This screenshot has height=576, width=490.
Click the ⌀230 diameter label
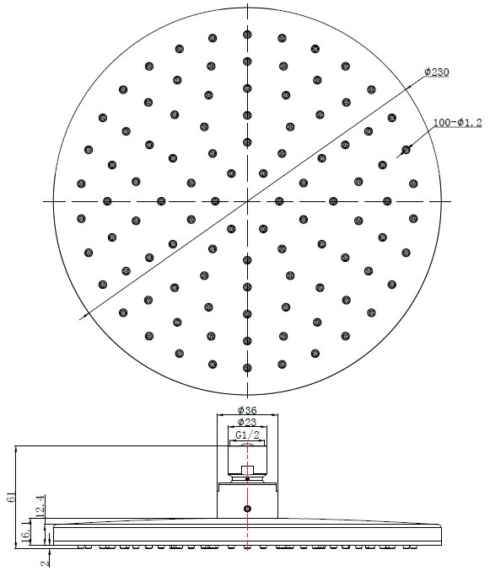coord(437,72)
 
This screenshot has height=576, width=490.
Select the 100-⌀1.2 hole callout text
coord(458,122)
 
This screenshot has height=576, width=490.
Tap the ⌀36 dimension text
coord(247,409)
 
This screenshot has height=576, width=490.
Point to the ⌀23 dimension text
coord(247,422)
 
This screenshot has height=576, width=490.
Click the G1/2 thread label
coord(247,435)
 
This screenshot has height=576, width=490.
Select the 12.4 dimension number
coord(40,505)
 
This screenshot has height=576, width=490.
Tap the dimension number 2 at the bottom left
coord(45,563)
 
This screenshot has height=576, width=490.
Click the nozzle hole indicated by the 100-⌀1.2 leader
coord(406,150)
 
